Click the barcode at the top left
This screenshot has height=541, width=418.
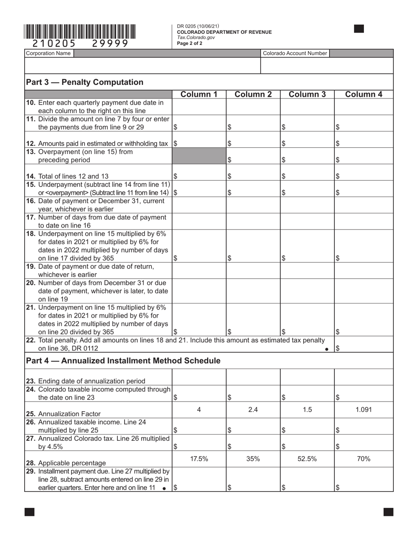(x=80, y=32)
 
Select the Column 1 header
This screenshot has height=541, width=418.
(x=198, y=94)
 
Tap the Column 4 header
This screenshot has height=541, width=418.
(x=363, y=94)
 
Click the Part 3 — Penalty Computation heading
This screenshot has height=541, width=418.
(x=85, y=82)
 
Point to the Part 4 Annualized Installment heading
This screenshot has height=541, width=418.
(x=123, y=361)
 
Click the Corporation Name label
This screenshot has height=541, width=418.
(x=48, y=53)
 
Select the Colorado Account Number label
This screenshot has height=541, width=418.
(x=295, y=53)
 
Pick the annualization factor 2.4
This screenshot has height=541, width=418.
(x=253, y=409)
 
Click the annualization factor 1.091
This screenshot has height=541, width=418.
(x=363, y=409)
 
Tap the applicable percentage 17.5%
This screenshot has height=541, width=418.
(x=198, y=459)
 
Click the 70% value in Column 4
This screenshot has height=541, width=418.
(x=363, y=459)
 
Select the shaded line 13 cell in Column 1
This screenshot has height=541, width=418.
(x=198, y=156)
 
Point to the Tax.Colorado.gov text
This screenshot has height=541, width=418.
(x=196, y=37)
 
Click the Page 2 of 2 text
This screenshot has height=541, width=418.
(x=190, y=43)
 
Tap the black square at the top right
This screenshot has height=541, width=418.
(x=359, y=29)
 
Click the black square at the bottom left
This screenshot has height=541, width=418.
(x=29, y=512)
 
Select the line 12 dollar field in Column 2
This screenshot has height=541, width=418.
(x=253, y=143)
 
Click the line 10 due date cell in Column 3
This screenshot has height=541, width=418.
(x=307, y=106)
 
